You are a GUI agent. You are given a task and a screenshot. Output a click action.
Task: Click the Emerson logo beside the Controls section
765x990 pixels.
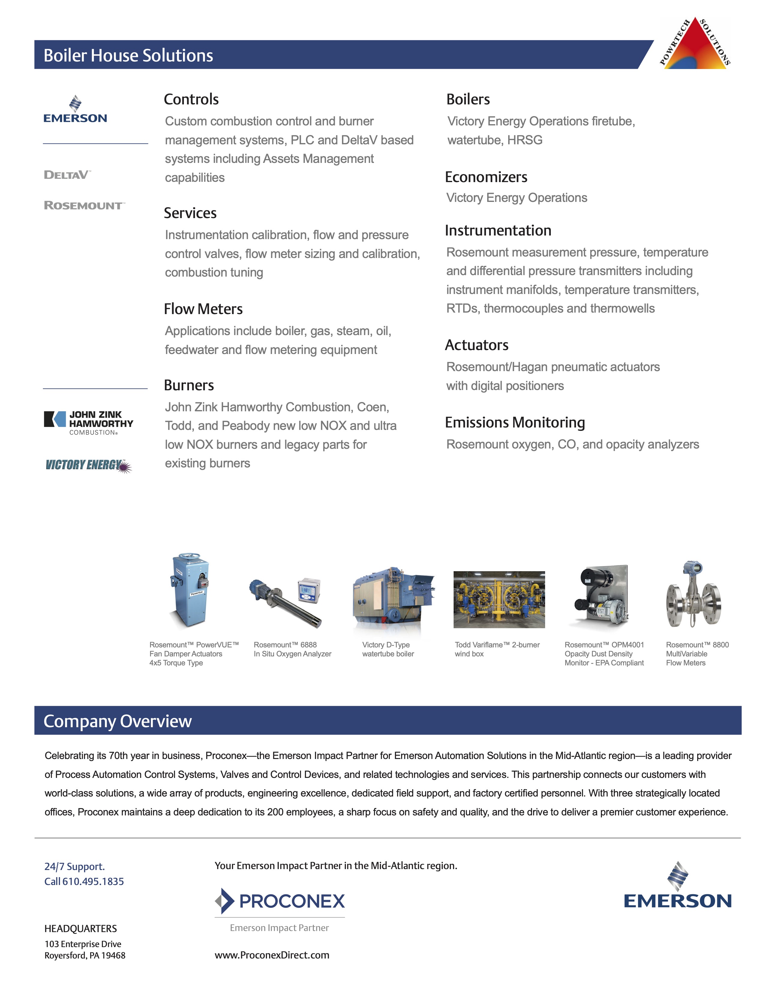[75, 110]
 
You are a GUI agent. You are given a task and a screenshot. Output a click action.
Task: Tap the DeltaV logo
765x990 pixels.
[67, 175]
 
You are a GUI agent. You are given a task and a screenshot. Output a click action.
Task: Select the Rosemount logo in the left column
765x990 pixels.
[84, 205]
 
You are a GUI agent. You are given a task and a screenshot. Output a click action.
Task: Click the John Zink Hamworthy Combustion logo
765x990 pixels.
[89, 422]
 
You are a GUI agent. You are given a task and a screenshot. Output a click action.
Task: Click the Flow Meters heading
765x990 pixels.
[203, 309]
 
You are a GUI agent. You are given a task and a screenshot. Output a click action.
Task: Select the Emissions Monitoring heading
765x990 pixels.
[515, 422]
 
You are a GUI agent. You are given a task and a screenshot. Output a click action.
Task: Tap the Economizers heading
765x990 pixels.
[486, 177]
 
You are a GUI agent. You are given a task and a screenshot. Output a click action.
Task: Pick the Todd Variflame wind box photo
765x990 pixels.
[499, 599]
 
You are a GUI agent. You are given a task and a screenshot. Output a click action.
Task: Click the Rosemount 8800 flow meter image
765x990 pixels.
[693, 594]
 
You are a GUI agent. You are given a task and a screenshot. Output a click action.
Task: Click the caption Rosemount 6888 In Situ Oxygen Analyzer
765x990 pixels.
[292, 649]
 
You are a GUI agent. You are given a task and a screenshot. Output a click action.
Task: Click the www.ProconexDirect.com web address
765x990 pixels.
[272, 955]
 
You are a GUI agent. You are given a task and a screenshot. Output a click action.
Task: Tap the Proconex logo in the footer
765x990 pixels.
[280, 901]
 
